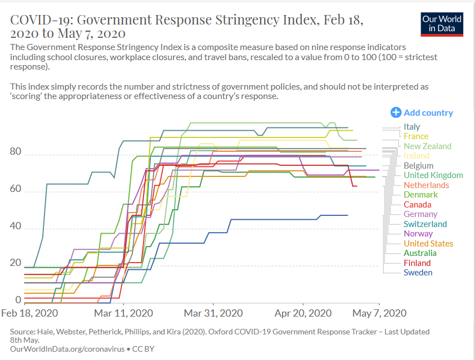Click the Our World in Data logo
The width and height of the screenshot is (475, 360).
click(442, 23)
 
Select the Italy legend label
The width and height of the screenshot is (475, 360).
click(412, 127)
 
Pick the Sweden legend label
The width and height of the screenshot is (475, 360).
click(418, 273)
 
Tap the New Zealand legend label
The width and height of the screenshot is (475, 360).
click(427, 146)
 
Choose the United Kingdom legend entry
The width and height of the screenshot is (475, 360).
click(433, 175)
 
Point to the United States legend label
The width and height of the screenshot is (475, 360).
click(428, 244)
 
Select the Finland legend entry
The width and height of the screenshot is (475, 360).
click(417, 263)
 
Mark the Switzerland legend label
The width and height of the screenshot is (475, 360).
click(425, 224)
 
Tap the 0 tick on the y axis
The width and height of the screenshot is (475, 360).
click(18, 300)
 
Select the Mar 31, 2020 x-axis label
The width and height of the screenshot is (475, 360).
click(213, 313)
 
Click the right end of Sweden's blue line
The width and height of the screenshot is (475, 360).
click(348, 215)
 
